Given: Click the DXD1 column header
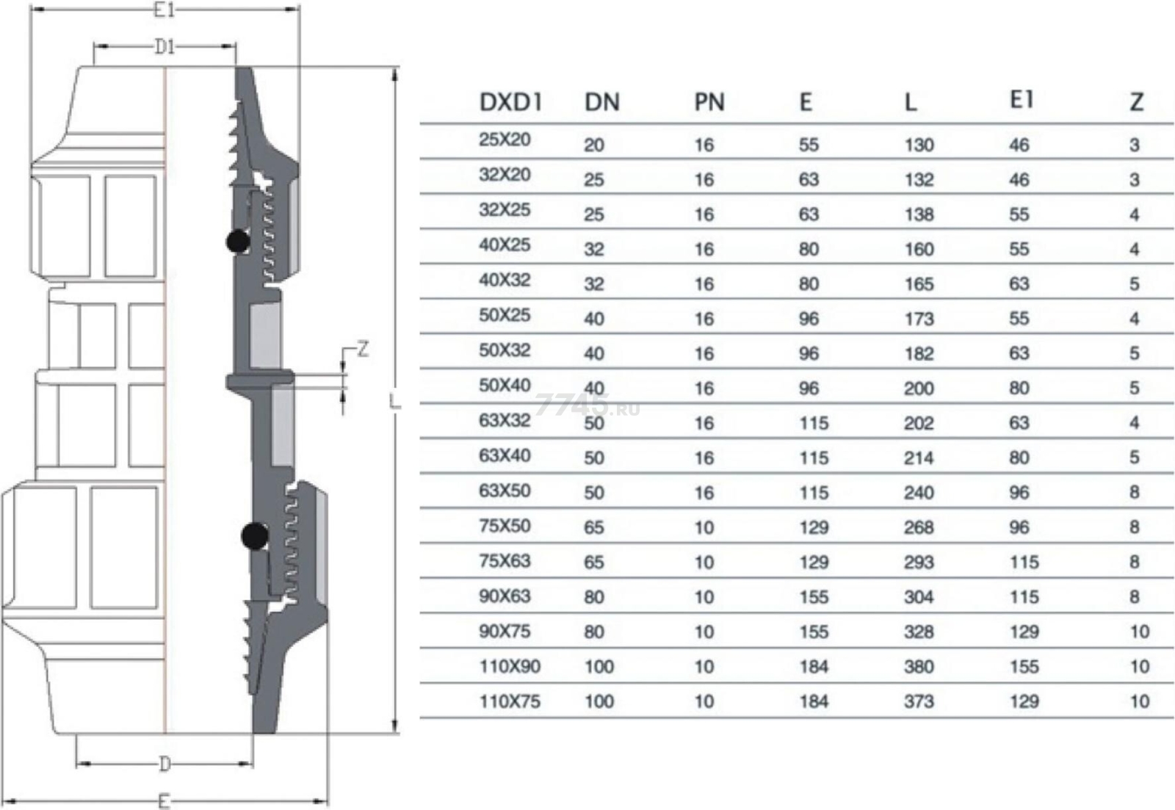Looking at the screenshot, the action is [510, 102].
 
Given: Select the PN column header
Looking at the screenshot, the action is [709, 102].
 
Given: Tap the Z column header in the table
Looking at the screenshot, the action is [1136, 102].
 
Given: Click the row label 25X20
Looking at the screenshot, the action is [505, 140].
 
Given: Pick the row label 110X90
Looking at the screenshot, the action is [510, 666].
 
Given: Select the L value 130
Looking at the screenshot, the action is [919, 145].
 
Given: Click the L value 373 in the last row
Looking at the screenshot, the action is [919, 701].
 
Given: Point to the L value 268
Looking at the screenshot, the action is [919, 527].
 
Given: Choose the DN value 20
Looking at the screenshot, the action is [594, 145].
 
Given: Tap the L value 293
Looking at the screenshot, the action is [919, 563].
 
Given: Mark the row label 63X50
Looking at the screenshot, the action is [505, 491].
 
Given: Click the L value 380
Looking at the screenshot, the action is [919, 667].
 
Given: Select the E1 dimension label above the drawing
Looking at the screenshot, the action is [164, 10].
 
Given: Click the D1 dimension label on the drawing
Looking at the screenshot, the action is [164, 47].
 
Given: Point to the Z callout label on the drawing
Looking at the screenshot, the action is [363, 349].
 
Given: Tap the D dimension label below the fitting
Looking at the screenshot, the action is [164, 765].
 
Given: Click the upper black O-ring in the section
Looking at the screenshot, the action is [238, 242].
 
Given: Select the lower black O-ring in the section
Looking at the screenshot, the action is [254, 536].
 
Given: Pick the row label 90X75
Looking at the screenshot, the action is [505, 632].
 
